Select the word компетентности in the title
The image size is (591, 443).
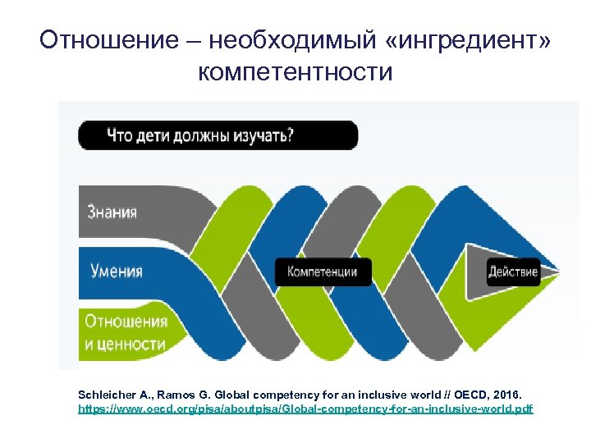pyautogui.click(x=295, y=72)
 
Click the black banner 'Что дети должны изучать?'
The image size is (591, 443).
pyautogui.click(x=218, y=135)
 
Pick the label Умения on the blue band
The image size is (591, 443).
pyautogui.click(x=115, y=272)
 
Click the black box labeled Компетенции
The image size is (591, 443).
pyautogui.click(x=323, y=272)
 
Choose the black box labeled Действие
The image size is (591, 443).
pyautogui.click(x=512, y=272)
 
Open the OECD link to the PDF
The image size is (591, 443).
pyautogui.click(x=305, y=408)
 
